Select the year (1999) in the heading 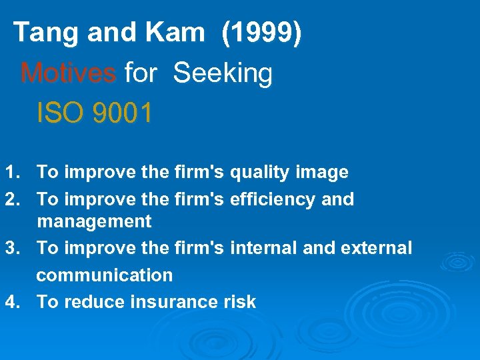click(x=261, y=32)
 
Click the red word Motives click(x=68, y=73)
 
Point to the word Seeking click(x=223, y=73)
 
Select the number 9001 click(x=123, y=113)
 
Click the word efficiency click(x=269, y=199)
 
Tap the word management click(x=94, y=221)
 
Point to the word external click(x=376, y=248)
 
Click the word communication click(x=104, y=275)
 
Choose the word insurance click(x=173, y=301)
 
